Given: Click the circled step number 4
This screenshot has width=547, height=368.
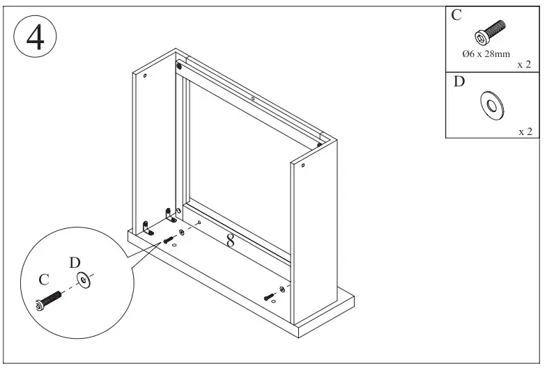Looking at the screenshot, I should (x=35, y=38).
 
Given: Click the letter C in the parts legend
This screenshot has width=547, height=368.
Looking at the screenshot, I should (x=456, y=16).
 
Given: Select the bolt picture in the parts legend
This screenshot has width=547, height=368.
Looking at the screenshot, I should (x=491, y=32).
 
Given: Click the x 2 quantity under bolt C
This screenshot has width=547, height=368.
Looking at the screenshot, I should (x=525, y=65).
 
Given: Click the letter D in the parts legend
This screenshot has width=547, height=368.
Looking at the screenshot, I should (x=459, y=82).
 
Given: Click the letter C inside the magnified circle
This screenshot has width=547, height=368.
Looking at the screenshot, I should (x=43, y=280).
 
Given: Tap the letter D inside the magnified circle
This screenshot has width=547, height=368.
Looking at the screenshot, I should (x=75, y=262).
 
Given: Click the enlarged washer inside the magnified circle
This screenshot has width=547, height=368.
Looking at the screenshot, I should (x=85, y=282).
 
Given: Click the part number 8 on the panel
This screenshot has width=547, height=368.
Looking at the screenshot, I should (x=231, y=241).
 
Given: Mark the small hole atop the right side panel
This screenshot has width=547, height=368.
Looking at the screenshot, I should (x=304, y=166).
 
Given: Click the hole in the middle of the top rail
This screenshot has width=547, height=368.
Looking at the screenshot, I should (x=252, y=99).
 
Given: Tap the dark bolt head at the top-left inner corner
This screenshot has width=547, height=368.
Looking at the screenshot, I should (x=180, y=67).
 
